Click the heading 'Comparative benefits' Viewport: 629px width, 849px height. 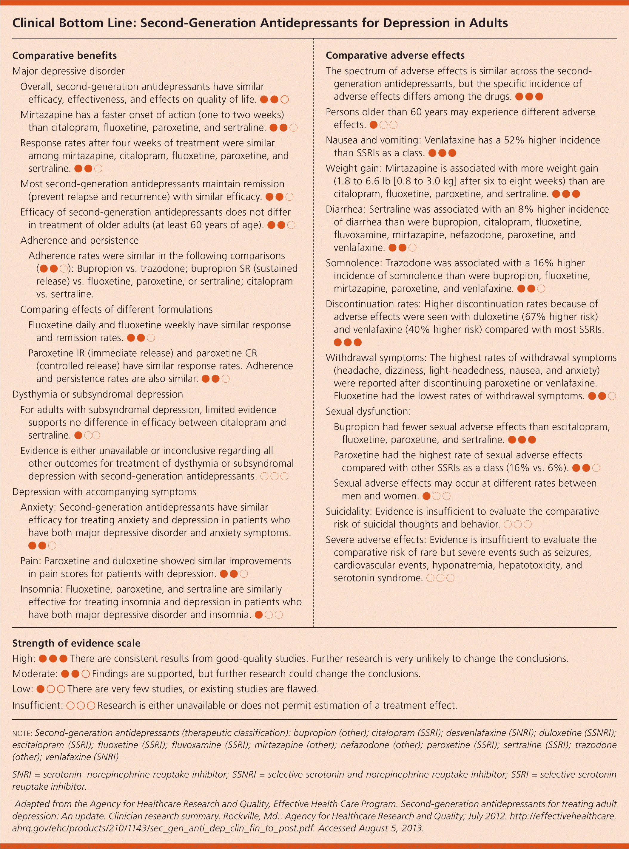[64, 55]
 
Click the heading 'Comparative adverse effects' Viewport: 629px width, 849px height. [395, 55]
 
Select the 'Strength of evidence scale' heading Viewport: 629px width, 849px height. [76, 643]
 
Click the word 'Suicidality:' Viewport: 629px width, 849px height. [349, 511]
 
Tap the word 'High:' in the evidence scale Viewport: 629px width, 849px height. [24, 659]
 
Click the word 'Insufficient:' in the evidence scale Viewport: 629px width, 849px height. [37, 706]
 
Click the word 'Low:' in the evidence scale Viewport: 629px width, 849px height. [23, 689]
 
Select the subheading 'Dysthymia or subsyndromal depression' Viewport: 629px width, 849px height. [98, 394]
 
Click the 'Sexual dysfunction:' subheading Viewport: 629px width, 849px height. [368, 411]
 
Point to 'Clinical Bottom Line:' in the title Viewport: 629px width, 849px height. [74, 23]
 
